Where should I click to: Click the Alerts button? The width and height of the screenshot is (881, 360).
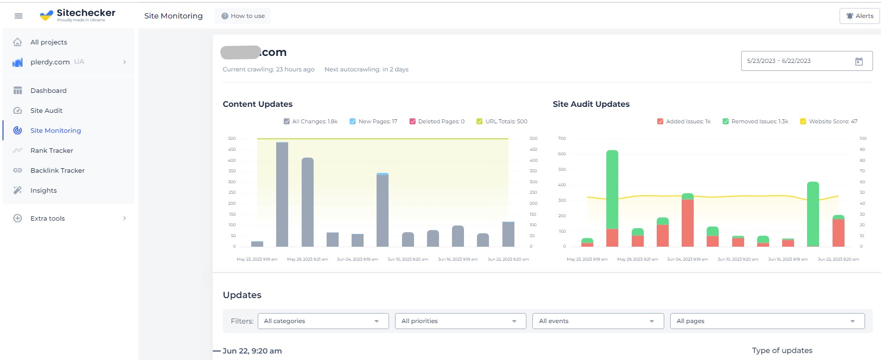tap(860, 16)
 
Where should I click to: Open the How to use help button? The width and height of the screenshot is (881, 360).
tap(243, 16)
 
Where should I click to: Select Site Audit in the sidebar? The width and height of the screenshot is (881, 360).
tap(46, 110)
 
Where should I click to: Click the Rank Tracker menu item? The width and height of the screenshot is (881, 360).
tap(51, 150)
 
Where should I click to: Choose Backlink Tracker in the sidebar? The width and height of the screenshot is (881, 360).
tap(57, 170)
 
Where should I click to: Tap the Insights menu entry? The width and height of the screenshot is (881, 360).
tap(43, 190)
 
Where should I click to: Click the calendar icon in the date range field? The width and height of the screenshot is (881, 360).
tap(859, 61)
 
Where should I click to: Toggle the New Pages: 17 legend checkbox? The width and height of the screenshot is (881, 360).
tap(353, 121)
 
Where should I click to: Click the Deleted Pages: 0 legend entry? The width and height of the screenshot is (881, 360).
tap(437, 121)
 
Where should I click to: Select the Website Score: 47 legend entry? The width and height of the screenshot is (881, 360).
tap(829, 121)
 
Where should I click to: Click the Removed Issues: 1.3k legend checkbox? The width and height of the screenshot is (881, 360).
tap(726, 121)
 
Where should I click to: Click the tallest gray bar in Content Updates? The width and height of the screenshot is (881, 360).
tap(282, 195)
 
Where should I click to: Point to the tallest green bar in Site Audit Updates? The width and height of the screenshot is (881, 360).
tap(612, 190)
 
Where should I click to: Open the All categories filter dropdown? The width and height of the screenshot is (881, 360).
tap(323, 321)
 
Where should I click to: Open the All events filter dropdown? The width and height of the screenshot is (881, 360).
tap(598, 321)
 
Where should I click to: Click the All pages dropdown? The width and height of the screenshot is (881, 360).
tap(767, 321)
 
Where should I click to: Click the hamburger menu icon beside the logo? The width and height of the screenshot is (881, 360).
tap(18, 16)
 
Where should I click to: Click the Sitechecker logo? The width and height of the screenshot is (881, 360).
tap(77, 15)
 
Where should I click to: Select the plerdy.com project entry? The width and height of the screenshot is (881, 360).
tap(50, 62)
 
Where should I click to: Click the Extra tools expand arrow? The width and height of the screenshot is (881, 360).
tap(124, 218)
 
